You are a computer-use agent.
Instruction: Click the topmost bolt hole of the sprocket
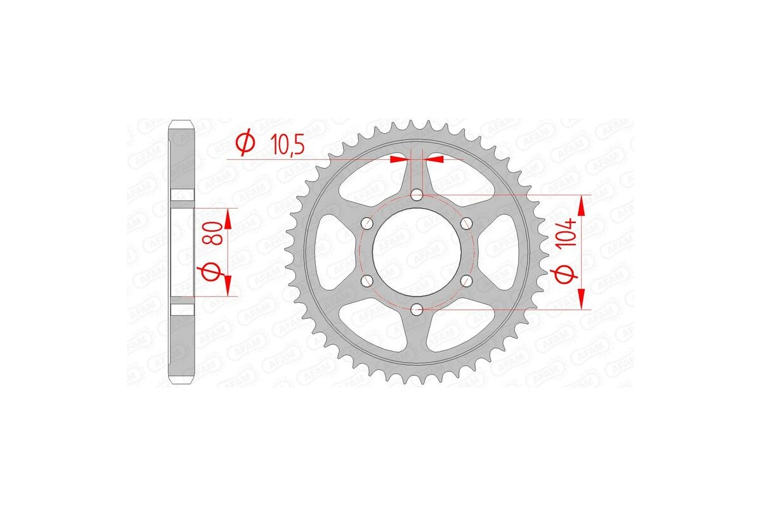pos(417,195)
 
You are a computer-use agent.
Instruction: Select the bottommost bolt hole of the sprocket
pos(417,309)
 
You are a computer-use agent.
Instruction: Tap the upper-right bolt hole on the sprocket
pos(467,223)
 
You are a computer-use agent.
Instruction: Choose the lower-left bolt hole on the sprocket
pos(367,280)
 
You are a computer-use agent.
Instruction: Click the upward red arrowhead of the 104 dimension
pos(582,204)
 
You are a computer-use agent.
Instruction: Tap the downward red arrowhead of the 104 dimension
pos(582,299)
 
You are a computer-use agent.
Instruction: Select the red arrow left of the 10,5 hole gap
pos(398,159)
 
